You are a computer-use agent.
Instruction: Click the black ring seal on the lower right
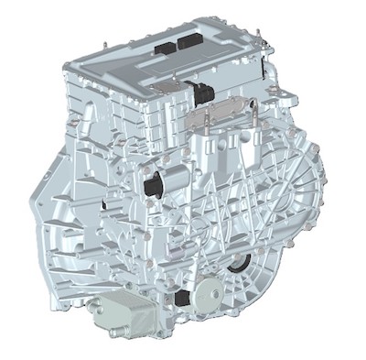click(x=241, y=265)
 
